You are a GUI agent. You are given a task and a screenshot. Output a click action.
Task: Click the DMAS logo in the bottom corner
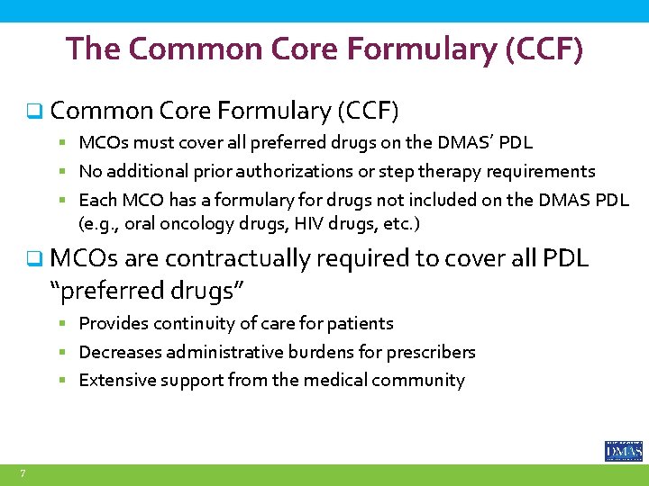click(x=623, y=450)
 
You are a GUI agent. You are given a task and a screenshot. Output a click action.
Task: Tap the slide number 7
click(x=23, y=473)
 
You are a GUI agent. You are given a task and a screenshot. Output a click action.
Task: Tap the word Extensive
click(x=114, y=381)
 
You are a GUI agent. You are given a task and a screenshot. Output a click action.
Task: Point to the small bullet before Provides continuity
click(x=69, y=324)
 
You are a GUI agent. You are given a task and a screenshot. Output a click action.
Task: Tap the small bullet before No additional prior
click(x=69, y=172)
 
